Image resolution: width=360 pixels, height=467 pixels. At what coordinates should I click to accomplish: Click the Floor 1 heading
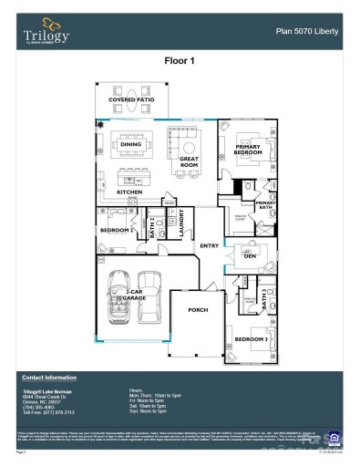pos(180,61)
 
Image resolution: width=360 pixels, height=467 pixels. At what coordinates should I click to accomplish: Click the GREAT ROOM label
pos(190,161)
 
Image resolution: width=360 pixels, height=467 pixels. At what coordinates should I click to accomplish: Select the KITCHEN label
pos(129,192)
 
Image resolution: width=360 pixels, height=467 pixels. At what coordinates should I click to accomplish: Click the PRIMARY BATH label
pos(265,205)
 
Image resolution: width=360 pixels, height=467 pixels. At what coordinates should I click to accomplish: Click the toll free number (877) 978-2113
pos(57,412)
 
